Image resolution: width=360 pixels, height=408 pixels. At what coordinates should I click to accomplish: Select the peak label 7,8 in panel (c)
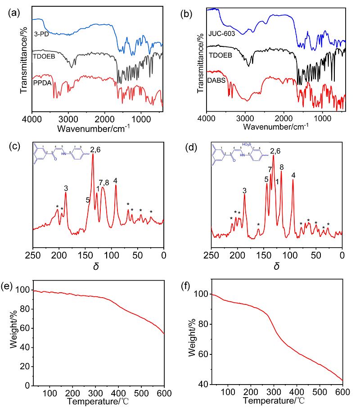pos(103,182)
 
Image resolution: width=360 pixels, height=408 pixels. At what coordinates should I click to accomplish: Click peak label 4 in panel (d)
pos(293,175)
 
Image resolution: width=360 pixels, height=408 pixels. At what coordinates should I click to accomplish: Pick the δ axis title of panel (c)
pos(96,266)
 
